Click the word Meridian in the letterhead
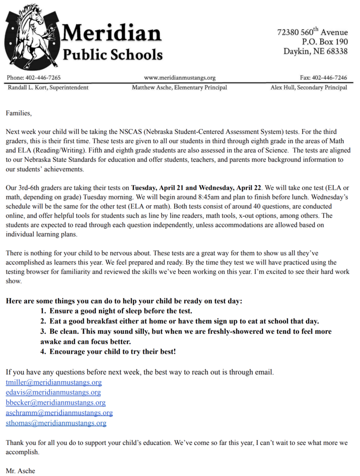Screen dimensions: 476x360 tap(111, 33)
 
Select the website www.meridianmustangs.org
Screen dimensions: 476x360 tap(180, 78)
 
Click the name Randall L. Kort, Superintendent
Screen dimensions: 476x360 tap(48, 87)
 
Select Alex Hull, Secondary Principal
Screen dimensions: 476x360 tap(308, 87)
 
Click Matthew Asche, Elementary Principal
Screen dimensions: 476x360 tap(179, 87)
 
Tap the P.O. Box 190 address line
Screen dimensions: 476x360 tap(325, 42)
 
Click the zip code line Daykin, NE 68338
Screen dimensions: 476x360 tap(315, 52)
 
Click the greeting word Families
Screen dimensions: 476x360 tap(19, 112)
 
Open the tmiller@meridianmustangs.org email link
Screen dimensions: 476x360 tap(53, 383)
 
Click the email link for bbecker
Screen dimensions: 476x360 tap(55, 403)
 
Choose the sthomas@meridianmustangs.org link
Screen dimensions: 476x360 tap(56, 423)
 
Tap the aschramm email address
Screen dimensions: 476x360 tap(59, 413)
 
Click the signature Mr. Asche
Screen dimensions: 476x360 tap(20, 470)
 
